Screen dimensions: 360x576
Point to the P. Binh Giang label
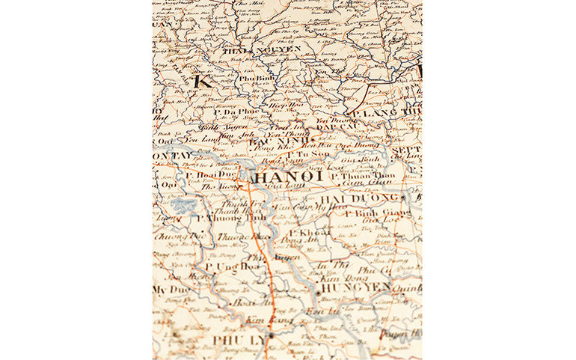coord(370,213)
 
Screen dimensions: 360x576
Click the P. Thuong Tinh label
coord(218,218)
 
